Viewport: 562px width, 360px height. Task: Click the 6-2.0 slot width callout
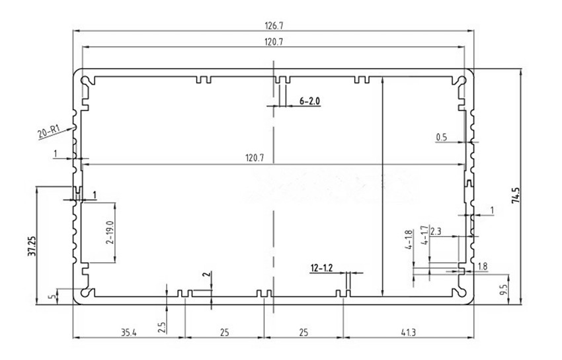pyautogui.click(x=309, y=101)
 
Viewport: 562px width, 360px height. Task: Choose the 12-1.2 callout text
pyautogui.click(x=321, y=268)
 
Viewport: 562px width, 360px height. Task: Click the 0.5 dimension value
pyautogui.click(x=442, y=138)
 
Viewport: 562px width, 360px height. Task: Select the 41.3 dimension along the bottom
pyautogui.click(x=408, y=332)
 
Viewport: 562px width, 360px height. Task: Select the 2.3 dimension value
pyautogui.click(x=436, y=232)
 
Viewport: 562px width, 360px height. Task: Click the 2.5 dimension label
pyautogui.click(x=162, y=326)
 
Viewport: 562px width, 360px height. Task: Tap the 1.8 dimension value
pyautogui.click(x=481, y=267)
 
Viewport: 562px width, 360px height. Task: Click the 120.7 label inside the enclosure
pyautogui.click(x=255, y=158)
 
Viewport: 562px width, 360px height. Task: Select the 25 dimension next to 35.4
pyautogui.click(x=224, y=332)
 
